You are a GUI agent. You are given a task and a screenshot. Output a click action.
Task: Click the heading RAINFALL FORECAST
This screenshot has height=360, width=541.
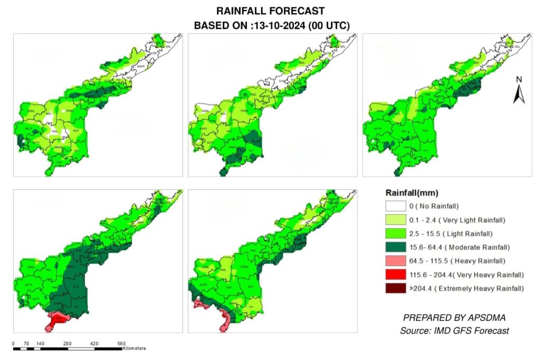point(270,11)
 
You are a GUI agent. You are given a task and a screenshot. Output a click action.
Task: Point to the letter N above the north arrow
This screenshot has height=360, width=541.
point(519,79)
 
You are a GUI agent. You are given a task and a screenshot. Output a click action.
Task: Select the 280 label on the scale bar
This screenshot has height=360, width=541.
point(67,343)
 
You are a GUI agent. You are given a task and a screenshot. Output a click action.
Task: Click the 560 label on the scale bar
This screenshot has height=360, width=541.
point(121,343)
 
